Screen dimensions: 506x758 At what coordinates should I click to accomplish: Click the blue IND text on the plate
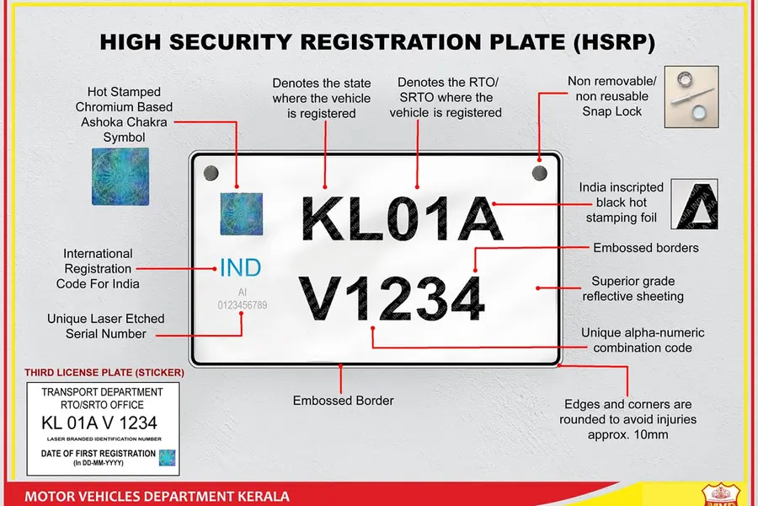tap(240, 269)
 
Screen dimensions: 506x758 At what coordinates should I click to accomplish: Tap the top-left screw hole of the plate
tap(211, 173)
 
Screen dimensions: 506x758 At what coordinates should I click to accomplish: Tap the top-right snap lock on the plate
tap(539, 173)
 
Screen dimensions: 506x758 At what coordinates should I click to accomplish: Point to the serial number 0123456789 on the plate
tap(242, 304)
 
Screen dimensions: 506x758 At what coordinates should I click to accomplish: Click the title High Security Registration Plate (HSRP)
tap(377, 42)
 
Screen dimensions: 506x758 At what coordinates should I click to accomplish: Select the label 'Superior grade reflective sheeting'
tap(633, 288)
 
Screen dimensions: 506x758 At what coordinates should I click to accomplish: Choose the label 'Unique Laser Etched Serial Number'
tap(106, 326)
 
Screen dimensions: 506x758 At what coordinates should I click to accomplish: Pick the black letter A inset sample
tap(699, 205)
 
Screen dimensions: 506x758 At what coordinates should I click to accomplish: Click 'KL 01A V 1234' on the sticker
tap(99, 423)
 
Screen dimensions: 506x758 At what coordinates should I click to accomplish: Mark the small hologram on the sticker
tap(167, 457)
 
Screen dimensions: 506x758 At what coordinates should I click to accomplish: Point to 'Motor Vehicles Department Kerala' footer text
tap(157, 496)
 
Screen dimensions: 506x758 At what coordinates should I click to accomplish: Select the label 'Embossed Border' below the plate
tap(343, 401)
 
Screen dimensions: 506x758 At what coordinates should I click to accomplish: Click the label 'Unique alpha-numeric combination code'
tap(642, 340)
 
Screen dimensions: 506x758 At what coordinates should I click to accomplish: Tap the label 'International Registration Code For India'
tap(99, 268)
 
